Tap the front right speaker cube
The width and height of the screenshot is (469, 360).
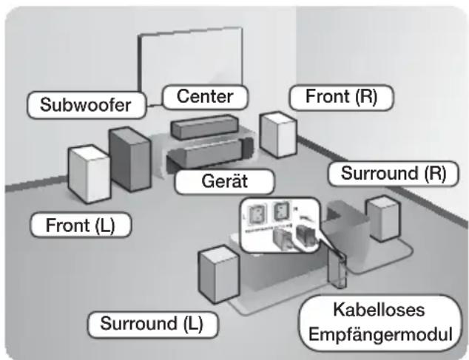click(x=278, y=134)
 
